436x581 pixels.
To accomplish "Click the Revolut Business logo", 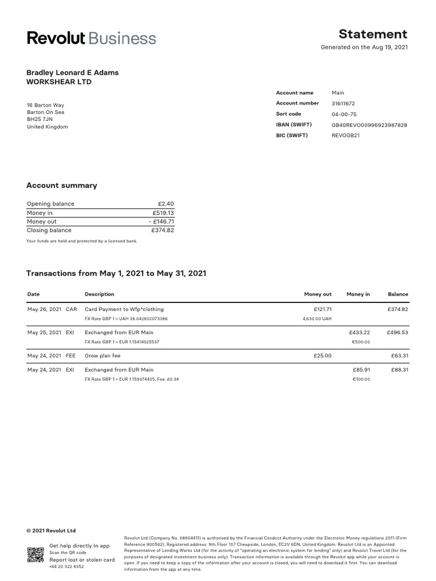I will (x=91, y=38).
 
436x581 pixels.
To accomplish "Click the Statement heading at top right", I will (x=373, y=34).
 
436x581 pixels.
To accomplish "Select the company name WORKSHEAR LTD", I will (x=59, y=82).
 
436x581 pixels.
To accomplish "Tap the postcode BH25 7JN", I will (x=39, y=120).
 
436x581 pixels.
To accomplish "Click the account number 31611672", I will (x=344, y=103).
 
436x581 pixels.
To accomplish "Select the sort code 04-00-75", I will (x=343, y=114).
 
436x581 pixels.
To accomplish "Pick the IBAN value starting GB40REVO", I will (x=369, y=125).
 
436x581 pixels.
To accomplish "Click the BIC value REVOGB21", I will (x=346, y=136).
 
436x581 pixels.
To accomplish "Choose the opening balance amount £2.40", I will (x=166, y=204).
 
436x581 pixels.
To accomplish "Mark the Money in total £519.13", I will (x=163, y=213).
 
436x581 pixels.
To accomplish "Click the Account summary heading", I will (x=62, y=186).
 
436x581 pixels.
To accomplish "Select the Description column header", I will (x=99, y=294).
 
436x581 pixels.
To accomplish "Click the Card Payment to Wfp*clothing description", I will (x=124, y=309).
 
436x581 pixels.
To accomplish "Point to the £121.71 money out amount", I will (x=322, y=309).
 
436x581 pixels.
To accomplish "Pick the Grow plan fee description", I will (x=102, y=356).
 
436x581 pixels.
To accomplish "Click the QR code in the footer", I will (x=35, y=554).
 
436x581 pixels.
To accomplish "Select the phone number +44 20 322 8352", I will (x=66, y=567).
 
